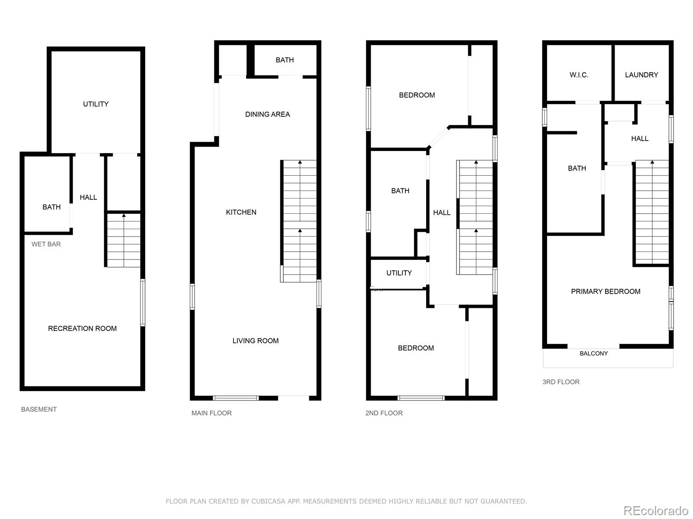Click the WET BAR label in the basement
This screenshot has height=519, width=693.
tap(46, 244)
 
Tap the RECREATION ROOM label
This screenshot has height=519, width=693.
tap(82, 328)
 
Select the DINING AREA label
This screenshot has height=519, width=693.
tap(267, 114)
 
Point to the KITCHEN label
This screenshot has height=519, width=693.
tap(241, 212)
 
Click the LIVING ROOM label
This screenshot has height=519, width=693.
tap(256, 341)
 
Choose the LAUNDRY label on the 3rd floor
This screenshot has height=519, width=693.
tap(641, 75)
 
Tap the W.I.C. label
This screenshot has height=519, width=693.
tap(579, 75)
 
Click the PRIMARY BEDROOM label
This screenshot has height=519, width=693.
tap(606, 292)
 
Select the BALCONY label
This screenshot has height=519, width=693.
tap(593, 353)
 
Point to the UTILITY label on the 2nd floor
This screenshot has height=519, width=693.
tap(399, 273)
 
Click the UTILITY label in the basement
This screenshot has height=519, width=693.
tap(96, 104)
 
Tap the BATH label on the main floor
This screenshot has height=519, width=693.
tap(285, 60)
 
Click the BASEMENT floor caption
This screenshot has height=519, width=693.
tap(39, 409)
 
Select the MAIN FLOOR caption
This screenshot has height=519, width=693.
tap(211, 413)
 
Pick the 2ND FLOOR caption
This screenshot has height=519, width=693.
tap(384, 413)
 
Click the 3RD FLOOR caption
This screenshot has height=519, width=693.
tap(561, 382)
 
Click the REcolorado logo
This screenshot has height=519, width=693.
tap(656, 510)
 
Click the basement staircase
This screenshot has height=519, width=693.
tap(124, 240)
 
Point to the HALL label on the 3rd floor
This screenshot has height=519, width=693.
tap(640, 138)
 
